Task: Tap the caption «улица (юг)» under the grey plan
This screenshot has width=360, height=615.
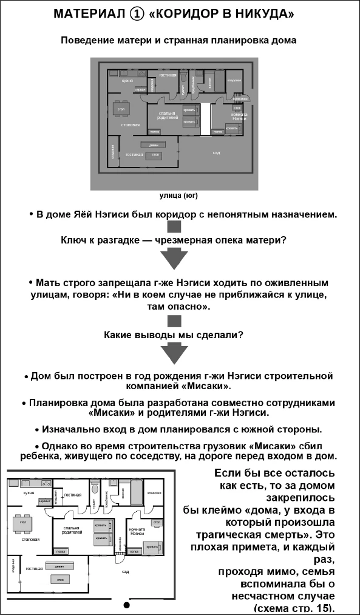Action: pyautogui.click(x=178, y=196)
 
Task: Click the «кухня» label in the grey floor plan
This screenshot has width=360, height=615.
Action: pyautogui.click(x=127, y=81)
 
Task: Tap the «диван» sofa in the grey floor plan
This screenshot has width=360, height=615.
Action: pyautogui.click(x=149, y=144)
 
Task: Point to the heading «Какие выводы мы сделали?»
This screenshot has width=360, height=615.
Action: pyautogui.click(x=174, y=335)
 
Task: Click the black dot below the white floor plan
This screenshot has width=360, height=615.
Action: pyautogui.click(x=127, y=605)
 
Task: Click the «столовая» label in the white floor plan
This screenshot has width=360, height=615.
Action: pyautogui.click(x=30, y=539)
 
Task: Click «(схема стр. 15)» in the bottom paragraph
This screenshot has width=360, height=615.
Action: pyautogui.click(x=296, y=608)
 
